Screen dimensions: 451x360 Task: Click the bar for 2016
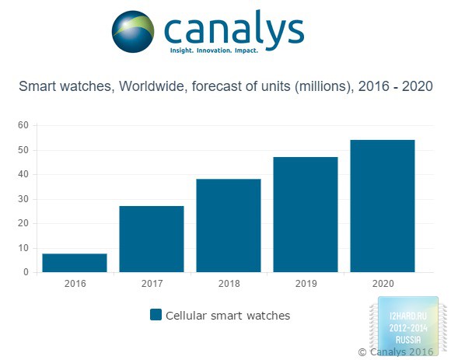(x=75, y=263)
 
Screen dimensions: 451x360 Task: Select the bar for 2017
(x=152, y=239)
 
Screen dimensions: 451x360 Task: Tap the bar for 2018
(x=229, y=225)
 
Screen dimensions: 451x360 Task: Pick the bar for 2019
(x=306, y=215)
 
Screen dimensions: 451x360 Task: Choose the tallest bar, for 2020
(x=383, y=206)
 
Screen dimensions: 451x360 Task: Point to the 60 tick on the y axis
(x=23, y=125)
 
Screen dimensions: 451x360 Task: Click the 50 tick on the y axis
(x=23, y=150)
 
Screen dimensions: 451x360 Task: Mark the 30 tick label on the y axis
(x=23, y=199)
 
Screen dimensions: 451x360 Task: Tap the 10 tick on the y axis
(x=23, y=248)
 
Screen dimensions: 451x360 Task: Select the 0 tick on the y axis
(x=26, y=272)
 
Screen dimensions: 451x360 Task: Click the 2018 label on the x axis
(x=229, y=284)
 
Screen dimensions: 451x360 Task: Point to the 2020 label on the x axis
(x=383, y=284)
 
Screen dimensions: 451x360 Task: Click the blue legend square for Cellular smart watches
(x=156, y=315)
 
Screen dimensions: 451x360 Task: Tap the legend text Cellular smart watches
(x=228, y=316)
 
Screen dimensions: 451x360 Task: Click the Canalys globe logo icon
(x=133, y=32)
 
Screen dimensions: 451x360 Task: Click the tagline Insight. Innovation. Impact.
(x=214, y=51)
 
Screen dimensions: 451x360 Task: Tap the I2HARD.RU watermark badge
(x=408, y=326)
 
